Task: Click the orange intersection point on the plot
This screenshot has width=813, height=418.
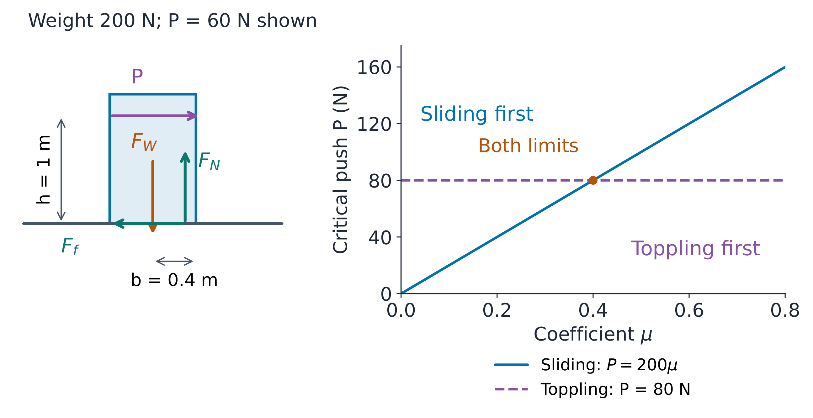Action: [593, 180]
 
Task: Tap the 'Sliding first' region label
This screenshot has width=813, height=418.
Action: [476, 114]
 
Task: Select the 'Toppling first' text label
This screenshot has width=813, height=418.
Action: [695, 249]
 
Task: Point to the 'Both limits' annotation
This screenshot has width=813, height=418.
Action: [528, 146]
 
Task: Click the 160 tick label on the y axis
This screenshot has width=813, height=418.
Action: [374, 67]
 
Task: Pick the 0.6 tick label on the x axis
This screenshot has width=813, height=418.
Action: [689, 311]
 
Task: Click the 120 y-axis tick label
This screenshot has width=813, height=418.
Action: [374, 124]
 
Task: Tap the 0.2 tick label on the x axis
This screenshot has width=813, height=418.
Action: [497, 311]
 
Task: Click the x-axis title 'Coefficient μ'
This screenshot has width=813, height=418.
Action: [593, 334]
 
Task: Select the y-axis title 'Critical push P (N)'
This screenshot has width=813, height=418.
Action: [341, 169]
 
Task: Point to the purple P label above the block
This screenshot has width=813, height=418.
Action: [137, 76]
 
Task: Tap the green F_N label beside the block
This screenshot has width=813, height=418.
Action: [209, 161]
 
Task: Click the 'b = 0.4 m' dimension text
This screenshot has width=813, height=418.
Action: [174, 280]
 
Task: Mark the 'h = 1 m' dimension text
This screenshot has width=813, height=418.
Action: [44, 170]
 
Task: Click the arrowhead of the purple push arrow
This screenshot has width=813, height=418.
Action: [192, 116]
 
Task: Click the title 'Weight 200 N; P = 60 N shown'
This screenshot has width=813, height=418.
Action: [173, 21]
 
